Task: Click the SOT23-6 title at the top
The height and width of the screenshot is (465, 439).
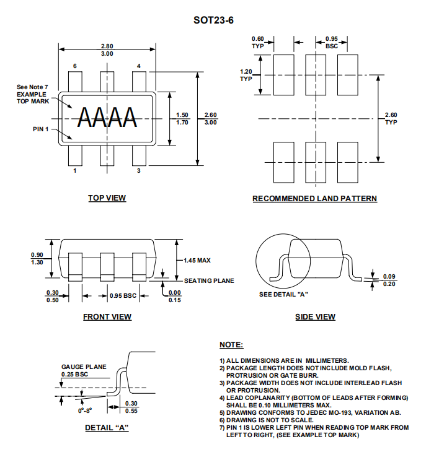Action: (213, 20)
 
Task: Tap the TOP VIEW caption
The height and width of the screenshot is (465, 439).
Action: (107, 198)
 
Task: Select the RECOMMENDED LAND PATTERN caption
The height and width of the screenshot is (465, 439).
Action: (314, 198)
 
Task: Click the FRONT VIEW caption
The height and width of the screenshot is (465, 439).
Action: (107, 317)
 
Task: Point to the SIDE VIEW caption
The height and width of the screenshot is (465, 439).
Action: (315, 317)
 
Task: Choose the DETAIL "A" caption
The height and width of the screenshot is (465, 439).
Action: (107, 427)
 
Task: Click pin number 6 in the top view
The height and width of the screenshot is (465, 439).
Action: (75, 66)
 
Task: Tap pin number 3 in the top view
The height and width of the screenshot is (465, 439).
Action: (139, 170)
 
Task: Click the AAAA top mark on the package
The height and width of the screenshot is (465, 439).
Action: (107, 118)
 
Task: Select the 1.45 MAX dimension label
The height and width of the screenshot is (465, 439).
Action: (197, 261)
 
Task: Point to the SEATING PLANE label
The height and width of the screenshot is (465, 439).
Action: (209, 280)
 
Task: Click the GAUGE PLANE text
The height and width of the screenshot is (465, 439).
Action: (84, 367)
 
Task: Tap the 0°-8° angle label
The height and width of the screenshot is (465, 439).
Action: (85, 411)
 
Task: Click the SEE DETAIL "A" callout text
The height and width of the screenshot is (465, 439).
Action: (283, 295)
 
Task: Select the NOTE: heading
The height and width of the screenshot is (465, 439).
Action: (231, 345)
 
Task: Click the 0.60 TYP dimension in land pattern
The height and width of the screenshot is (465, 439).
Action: (257, 42)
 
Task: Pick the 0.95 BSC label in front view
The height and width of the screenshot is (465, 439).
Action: (123, 296)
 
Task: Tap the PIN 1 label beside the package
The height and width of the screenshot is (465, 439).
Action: (41, 129)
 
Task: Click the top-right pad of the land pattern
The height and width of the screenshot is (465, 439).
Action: (347, 75)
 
